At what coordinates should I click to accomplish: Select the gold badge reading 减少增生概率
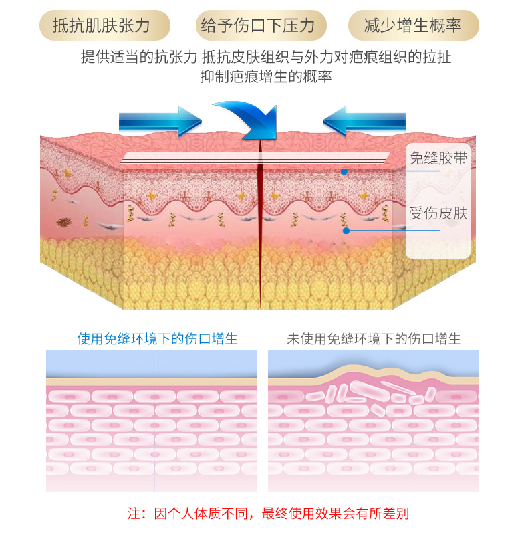click(x=413, y=26)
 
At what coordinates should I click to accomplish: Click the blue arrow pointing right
click(x=159, y=121)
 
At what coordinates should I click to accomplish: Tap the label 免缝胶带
click(x=438, y=158)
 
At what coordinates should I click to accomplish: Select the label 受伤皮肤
click(x=438, y=213)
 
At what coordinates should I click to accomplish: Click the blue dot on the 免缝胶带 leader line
click(x=344, y=171)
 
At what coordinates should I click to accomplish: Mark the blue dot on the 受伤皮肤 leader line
click(x=346, y=231)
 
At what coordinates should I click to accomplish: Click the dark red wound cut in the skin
click(x=259, y=221)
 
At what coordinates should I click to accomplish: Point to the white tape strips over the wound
click(x=254, y=158)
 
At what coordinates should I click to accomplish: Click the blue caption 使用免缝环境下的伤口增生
click(x=157, y=339)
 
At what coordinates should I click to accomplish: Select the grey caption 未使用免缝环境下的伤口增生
click(x=374, y=339)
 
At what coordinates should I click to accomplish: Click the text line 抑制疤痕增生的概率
click(x=266, y=77)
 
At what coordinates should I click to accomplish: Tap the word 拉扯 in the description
click(x=437, y=58)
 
